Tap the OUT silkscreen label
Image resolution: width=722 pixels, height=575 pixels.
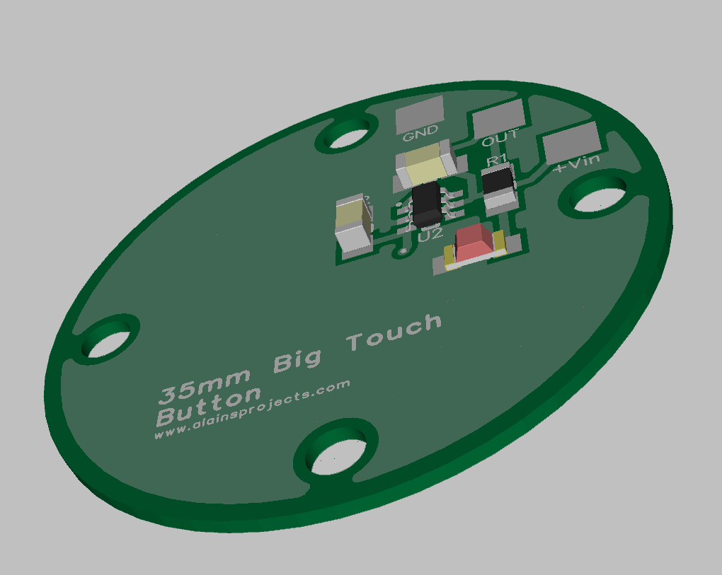point(500,137)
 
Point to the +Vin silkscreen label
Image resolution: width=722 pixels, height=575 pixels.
point(576,163)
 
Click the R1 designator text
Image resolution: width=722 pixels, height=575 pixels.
point(497,160)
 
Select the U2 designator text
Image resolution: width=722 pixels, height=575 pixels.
point(430,235)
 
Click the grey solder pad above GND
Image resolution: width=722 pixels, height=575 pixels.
point(420,114)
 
